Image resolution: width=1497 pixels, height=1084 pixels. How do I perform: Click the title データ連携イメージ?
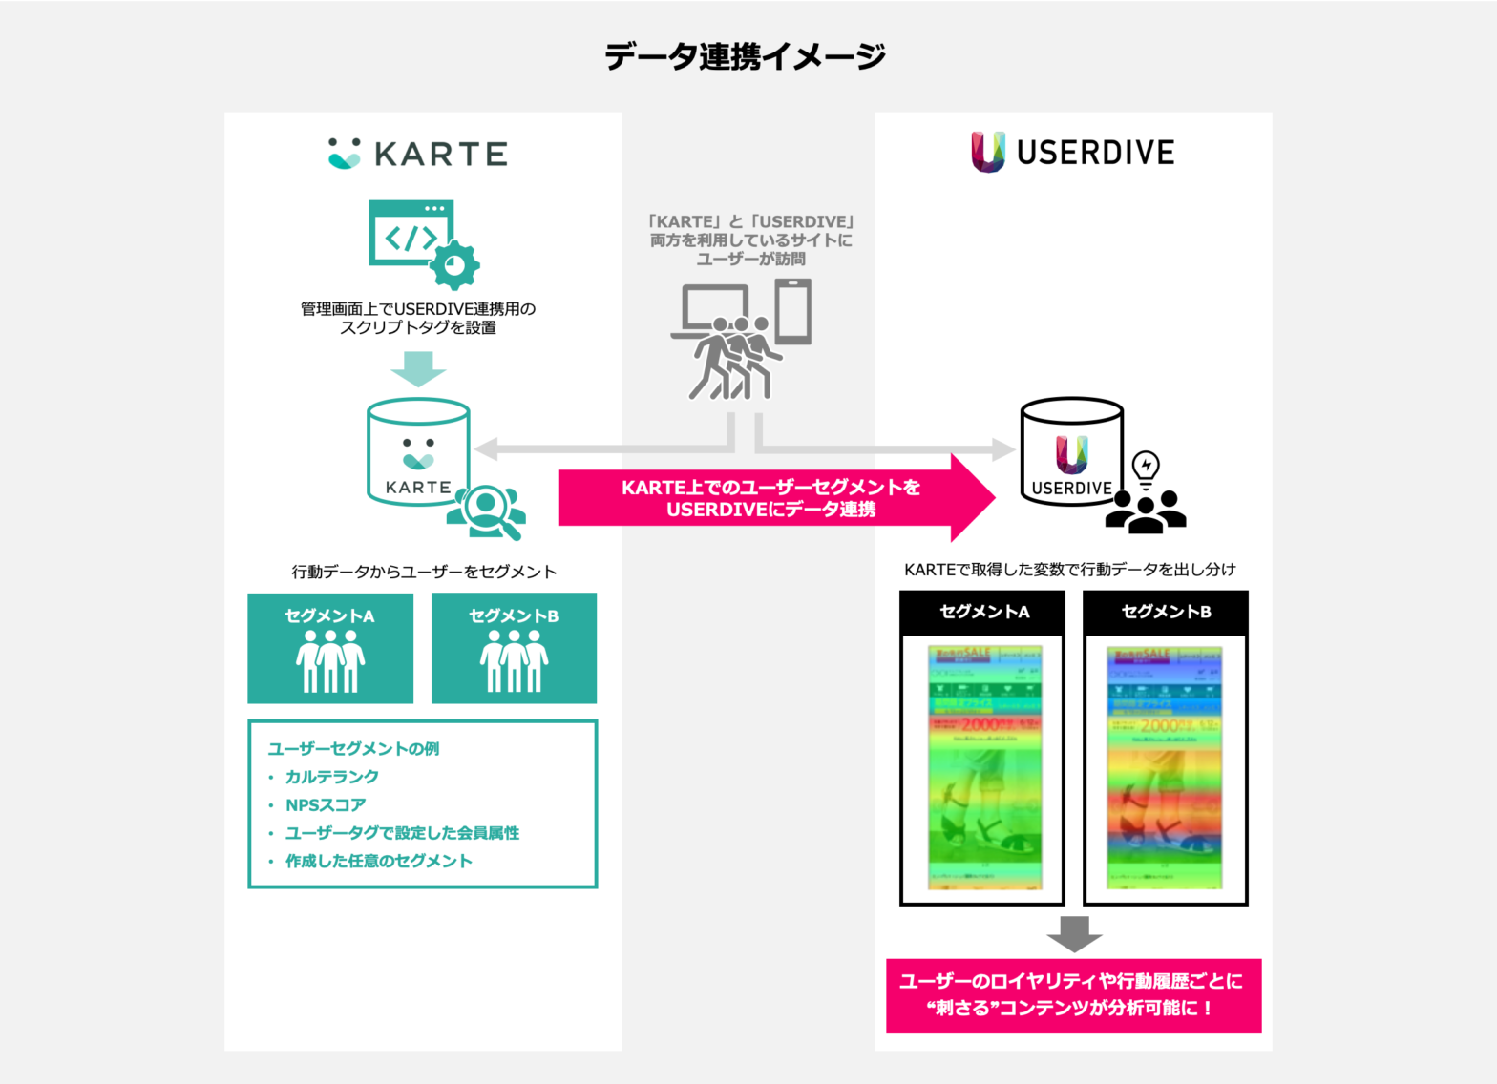[746, 56]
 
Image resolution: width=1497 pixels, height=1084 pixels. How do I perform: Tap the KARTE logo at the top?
[417, 154]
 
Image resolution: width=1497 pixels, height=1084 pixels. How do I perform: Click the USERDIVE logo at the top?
[1073, 153]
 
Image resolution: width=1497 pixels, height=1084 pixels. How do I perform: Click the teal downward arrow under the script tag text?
[418, 368]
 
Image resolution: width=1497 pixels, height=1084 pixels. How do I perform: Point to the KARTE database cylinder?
[417, 451]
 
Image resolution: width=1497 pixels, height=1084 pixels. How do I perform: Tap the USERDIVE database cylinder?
[1071, 451]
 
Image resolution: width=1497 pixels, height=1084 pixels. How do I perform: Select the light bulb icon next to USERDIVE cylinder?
[1146, 468]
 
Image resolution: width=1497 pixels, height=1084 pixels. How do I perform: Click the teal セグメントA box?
[330, 648]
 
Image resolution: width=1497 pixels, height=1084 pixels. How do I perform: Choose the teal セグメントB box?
[514, 648]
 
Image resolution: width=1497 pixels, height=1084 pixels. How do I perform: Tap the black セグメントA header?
[982, 612]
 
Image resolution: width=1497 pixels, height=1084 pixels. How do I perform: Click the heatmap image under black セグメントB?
[1165, 767]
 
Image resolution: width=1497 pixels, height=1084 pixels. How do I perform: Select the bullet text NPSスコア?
[326, 805]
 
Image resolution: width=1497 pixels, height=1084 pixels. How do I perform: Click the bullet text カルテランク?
[332, 777]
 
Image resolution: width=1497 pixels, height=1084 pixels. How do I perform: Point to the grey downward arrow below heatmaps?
[1074, 933]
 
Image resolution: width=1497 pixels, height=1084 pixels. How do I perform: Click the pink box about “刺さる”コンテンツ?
[1073, 995]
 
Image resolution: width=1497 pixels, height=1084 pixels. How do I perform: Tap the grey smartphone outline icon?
[793, 311]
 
